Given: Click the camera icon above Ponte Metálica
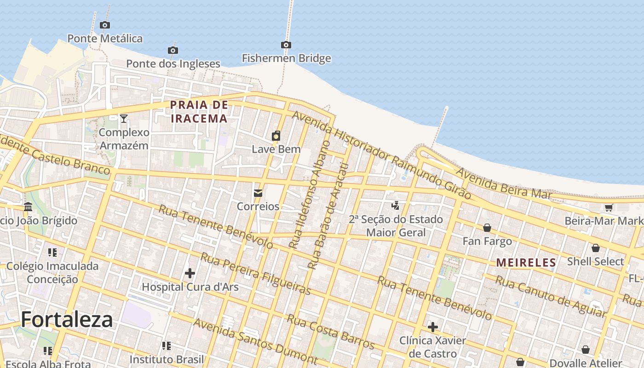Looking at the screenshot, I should tap(105, 25).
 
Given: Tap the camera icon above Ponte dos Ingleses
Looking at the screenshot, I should tap(173, 50).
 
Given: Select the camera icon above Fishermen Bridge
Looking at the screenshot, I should tap(286, 45).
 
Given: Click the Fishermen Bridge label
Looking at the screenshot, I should tap(286, 58).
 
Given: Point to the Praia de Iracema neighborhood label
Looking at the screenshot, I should tap(199, 112).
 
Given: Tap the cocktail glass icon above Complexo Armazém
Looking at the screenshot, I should tap(124, 119).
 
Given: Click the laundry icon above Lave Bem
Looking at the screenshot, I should tap(276, 136).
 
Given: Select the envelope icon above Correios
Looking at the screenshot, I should tap(258, 193).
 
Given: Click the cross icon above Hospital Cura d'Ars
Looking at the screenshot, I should tap(190, 274).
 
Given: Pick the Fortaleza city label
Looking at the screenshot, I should tap(67, 319).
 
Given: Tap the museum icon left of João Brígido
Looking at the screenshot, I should tap(28, 207).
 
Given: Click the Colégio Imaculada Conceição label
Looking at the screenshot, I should tap(52, 273).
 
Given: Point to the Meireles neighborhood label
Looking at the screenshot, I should tap(526, 263).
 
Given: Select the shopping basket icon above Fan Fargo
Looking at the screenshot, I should tap(487, 228).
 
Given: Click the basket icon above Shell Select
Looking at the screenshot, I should tap(596, 248).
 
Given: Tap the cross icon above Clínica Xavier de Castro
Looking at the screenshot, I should tap(433, 327).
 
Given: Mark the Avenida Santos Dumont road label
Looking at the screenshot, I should tap(255, 341).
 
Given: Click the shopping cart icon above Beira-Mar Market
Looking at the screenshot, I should tap(609, 207).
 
